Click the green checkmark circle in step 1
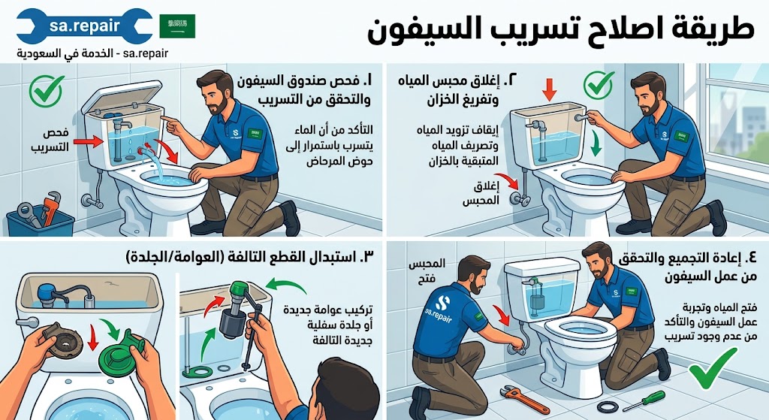(x=46, y=90)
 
